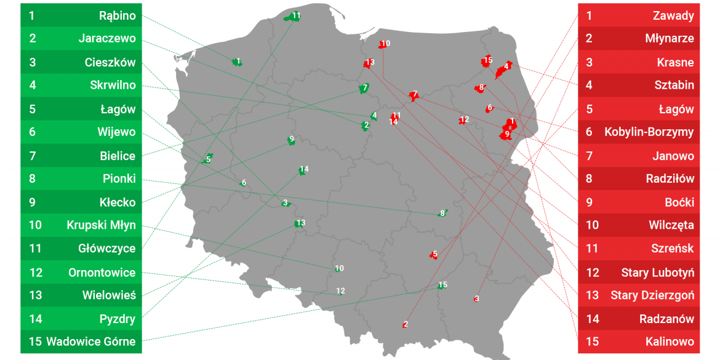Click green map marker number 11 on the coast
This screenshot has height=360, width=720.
(293, 17)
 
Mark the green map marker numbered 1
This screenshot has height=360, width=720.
(237, 62)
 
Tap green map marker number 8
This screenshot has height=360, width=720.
(442, 214)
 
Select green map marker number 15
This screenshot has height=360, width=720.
(442, 286)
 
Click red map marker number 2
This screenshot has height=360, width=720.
(405, 324)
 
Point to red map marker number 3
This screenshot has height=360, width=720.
(476, 299)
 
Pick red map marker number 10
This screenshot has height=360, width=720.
(384, 44)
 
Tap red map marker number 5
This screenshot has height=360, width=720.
(434, 254)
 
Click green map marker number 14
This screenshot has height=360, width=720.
(303, 170)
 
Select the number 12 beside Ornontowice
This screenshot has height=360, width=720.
(36, 272)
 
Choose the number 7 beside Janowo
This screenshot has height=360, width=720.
(589, 156)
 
